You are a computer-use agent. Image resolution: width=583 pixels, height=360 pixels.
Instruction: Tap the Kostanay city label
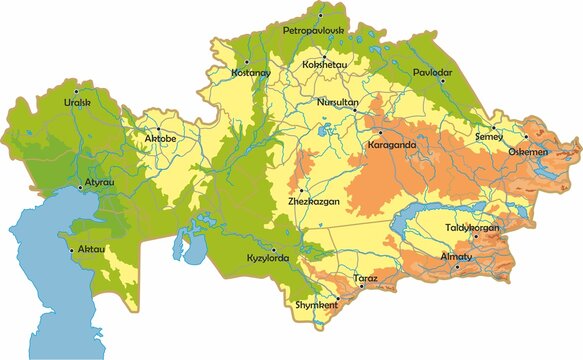point(249,73)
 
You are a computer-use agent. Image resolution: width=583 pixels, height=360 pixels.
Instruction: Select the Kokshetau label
point(325,66)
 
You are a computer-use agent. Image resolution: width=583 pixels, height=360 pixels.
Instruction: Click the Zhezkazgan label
point(311,201)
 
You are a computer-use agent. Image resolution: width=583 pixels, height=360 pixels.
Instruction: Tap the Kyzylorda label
point(267,260)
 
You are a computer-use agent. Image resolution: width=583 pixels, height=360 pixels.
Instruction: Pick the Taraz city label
point(364,276)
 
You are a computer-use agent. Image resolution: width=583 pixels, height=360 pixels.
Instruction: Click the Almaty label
point(456,257)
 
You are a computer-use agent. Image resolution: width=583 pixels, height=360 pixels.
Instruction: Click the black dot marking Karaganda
point(380,131)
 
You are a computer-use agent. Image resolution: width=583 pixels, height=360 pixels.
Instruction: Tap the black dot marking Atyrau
point(81,186)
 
